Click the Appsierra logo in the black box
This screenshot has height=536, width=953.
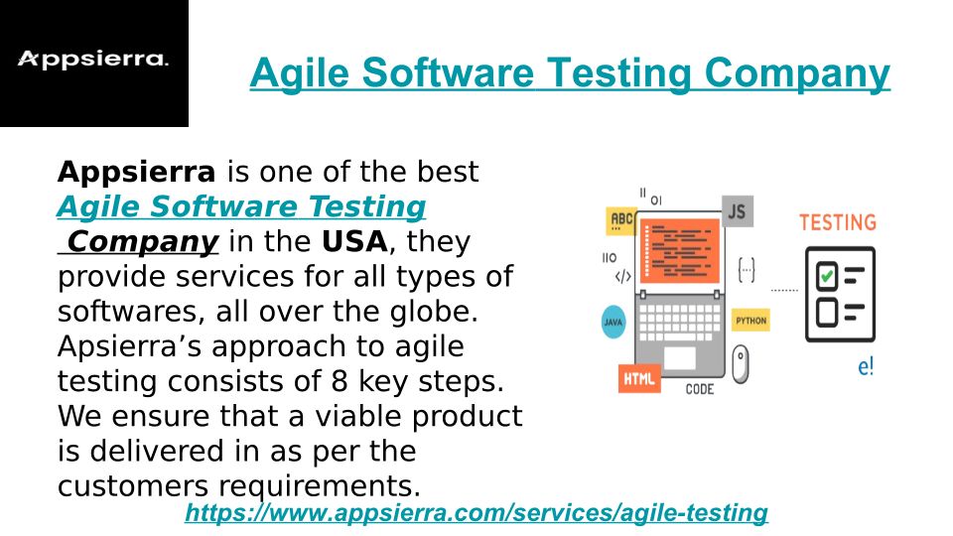click(93, 59)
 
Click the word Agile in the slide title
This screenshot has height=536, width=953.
click(300, 74)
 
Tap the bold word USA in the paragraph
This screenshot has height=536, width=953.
click(354, 241)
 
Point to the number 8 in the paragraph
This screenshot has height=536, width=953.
click(340, 381)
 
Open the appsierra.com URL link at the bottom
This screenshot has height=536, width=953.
click(476, 512)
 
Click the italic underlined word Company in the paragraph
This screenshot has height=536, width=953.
click(143, 242)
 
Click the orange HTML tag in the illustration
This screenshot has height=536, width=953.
click(638, 379)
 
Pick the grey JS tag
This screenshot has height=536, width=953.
click(738, 211)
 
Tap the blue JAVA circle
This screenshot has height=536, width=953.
click(613, 322)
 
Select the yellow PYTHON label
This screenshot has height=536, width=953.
click(750, 321)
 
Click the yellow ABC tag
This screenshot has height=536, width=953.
click(620, 220)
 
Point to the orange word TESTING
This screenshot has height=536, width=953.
click(838, 222)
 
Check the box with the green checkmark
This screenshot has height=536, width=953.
click(827, 277)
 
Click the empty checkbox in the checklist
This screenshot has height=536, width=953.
click(827, 313)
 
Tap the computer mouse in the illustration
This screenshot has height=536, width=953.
click(741, 364)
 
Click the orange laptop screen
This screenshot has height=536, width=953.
click(680, 251)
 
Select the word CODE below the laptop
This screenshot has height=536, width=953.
click(700, 389)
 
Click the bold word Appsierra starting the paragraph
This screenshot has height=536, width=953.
click(136, 172)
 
